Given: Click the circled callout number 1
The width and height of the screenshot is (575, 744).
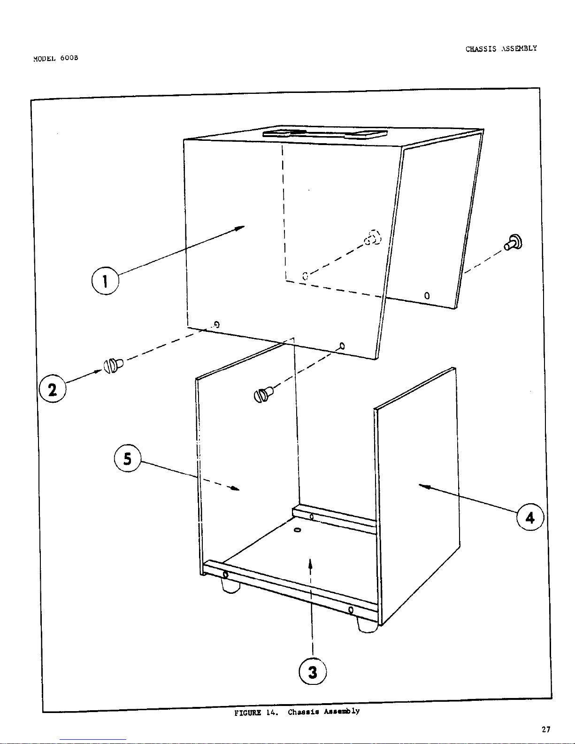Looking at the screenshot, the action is (x=105, y=281).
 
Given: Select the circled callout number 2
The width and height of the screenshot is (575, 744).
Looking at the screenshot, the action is (x=53, y=390).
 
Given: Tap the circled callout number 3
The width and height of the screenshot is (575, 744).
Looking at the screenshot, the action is (x=313, y=672).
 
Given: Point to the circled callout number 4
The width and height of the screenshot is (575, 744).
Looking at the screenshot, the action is (x=530, y=518).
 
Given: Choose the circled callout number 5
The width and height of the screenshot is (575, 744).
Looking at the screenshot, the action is (x=128, y=459).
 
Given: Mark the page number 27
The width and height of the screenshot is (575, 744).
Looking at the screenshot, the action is (x=545, y=729).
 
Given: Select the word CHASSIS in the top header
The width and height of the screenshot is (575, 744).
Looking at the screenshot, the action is (x=481, y=49).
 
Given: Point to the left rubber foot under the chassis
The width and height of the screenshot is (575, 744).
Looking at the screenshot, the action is (x=230, y=585).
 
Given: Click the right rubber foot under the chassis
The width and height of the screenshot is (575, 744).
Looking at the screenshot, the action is (x=368, y=625).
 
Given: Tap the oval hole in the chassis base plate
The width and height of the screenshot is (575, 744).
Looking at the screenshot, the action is (x=297, y=530).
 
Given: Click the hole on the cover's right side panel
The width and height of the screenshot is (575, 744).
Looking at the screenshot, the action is (x=426, y=296).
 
